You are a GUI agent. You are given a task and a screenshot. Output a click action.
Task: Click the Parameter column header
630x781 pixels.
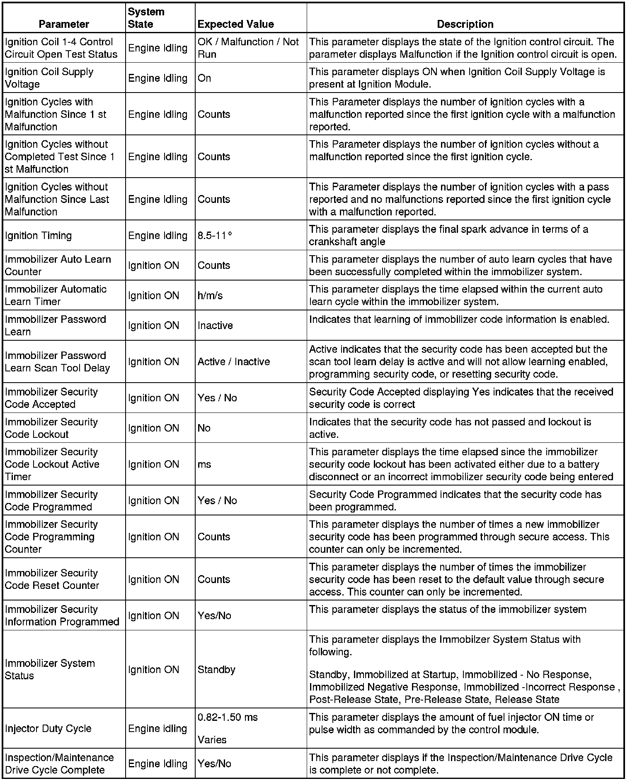[64, 24]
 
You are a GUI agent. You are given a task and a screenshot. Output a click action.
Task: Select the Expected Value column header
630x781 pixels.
[235, 24]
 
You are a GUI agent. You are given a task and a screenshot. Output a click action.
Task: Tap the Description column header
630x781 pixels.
[465, 24]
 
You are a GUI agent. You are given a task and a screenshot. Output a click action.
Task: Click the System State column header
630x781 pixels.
[146, 18]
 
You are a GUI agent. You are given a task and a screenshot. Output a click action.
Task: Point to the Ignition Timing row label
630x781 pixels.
[38, 235]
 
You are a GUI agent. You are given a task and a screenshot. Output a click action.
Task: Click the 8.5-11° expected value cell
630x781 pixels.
[215, 235]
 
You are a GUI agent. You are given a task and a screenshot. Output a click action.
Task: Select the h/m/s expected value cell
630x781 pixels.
[210, 295]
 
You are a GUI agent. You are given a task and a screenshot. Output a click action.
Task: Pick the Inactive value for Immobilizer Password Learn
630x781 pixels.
[215, 325]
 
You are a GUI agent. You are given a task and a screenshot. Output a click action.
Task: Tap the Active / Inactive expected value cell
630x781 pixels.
[234, 361]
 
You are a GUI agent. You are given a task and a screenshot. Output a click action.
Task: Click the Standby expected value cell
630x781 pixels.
[216, 669]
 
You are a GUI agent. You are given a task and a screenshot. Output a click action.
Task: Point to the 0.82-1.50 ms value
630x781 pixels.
[228, 717]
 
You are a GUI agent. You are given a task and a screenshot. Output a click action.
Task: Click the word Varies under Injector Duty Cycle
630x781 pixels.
[212, 740]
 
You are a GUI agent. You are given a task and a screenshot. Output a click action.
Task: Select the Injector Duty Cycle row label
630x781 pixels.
[48, 728]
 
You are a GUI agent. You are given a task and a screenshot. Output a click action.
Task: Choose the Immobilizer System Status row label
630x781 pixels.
[50, 669]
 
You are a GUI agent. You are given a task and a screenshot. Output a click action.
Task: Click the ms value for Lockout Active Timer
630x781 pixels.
[204, 464]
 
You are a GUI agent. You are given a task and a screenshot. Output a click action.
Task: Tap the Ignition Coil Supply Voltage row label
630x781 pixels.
[49, 78]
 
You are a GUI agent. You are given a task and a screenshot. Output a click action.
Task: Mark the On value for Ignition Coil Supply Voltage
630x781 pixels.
[204, 78]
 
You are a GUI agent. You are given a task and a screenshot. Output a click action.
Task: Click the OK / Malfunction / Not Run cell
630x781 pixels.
[248, 48]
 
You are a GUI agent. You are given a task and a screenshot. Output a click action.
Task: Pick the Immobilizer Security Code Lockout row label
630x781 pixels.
[51, 428]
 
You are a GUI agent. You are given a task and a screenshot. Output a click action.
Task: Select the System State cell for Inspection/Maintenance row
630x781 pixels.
[157, 764]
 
